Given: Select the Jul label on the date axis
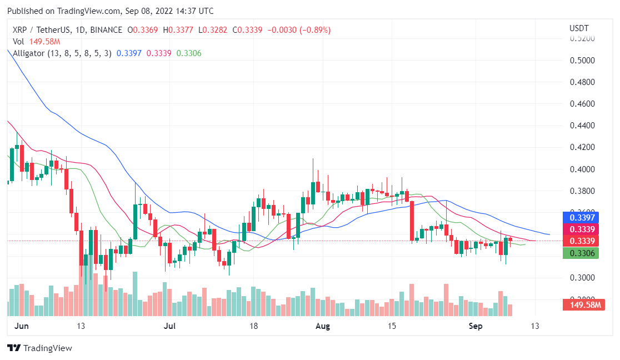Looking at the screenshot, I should pos(171,326).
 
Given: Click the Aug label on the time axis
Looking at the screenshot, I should pos(322,326).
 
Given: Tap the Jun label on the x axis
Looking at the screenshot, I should pos(21,326).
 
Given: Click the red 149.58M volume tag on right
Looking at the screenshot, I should pos(583,304).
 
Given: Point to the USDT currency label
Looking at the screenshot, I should pos(579,28).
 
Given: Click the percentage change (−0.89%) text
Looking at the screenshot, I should pos(316,30).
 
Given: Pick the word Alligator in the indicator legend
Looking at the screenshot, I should pos(29,53).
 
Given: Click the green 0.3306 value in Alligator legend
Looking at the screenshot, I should pos(188,53).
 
